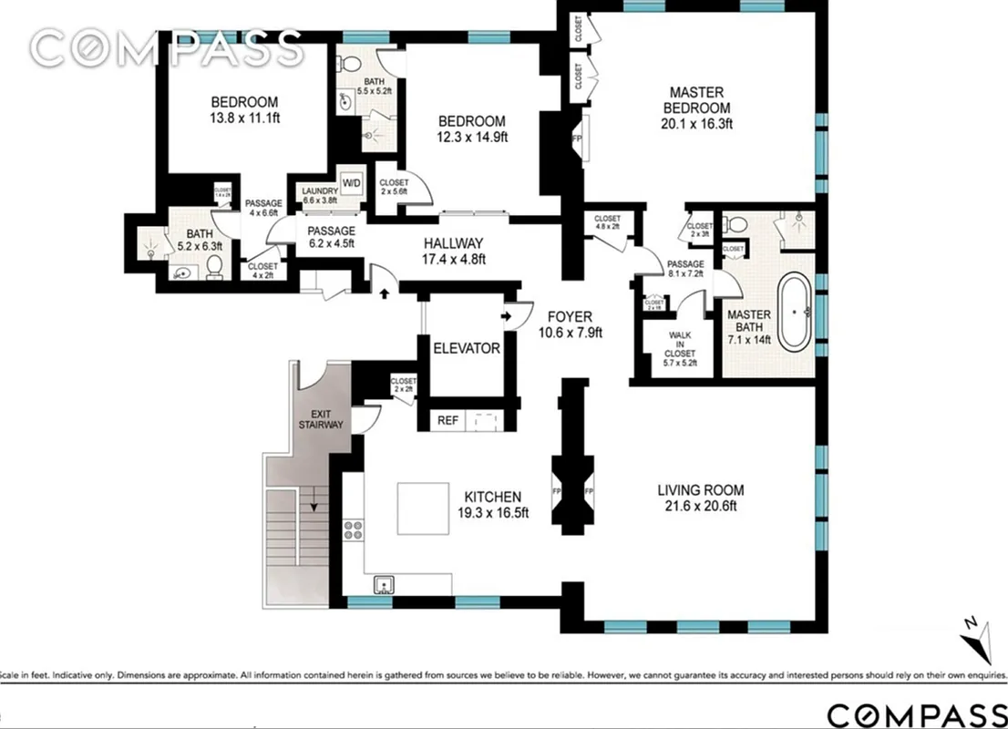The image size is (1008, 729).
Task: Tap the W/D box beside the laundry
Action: point(352,182)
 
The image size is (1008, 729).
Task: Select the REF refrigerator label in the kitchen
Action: point(447,420)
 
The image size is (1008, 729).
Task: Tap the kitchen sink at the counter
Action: point(384,583)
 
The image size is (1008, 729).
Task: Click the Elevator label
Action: point(466,348)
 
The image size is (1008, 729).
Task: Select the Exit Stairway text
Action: point(321,418)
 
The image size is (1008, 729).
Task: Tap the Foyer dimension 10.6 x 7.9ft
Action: point(571,333)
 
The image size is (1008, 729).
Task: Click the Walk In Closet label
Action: point(679,345)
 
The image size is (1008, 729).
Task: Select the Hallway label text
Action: point(453,243)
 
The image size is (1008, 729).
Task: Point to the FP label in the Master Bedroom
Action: point(576,138)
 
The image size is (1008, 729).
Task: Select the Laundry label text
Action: point(319,191)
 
